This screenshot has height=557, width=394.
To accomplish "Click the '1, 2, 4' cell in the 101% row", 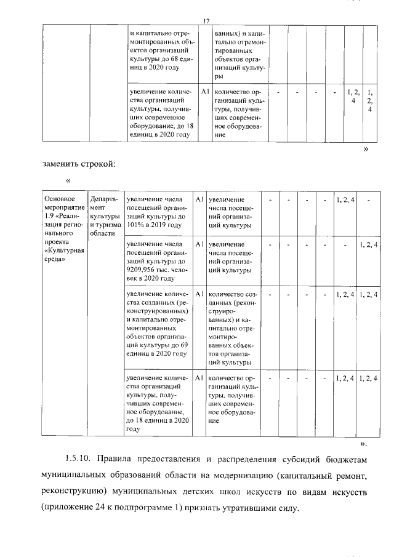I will point(345,199).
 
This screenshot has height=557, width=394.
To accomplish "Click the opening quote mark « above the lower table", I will point(68,180).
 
